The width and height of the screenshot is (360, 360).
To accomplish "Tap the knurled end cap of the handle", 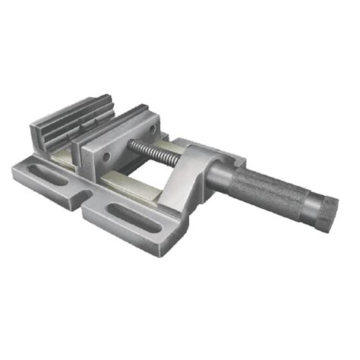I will pos(327,212).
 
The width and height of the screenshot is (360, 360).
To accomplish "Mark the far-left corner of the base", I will pos(14,169).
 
